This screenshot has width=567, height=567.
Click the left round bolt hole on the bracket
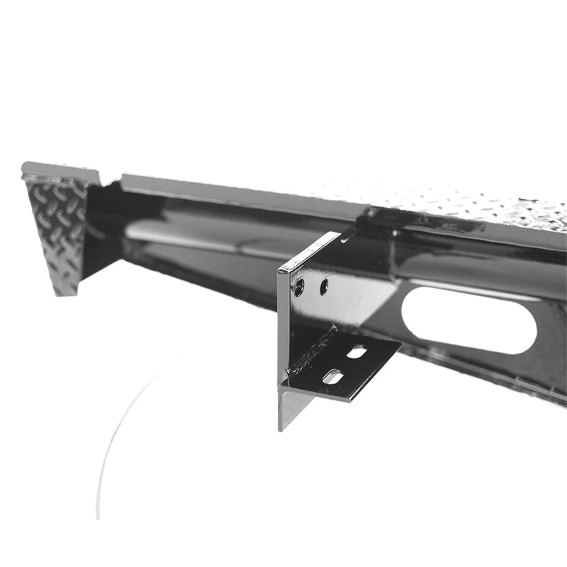[299, 287]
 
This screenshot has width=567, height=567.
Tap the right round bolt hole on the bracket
[324, 286]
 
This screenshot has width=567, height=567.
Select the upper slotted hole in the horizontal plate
[357, 352]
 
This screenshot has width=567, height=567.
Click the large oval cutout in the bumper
[468, 320]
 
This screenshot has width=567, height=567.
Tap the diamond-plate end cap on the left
[57, 227]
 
